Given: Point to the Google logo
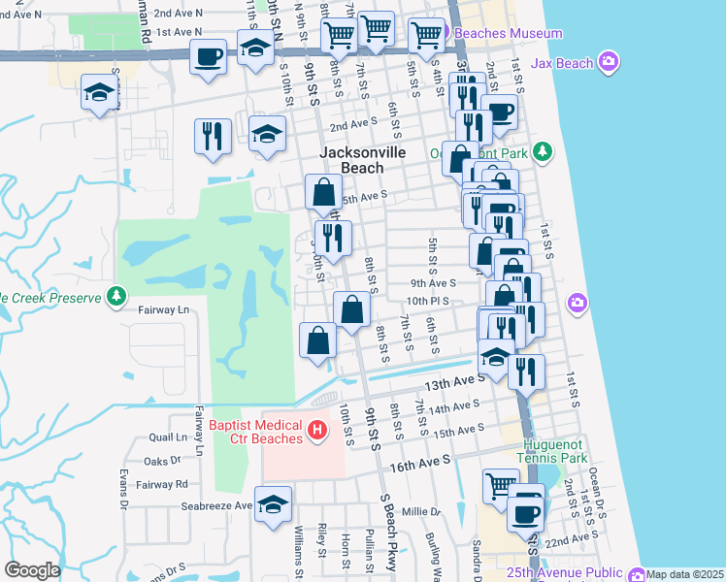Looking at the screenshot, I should tap(32, 570).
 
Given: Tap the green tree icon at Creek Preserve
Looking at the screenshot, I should tap(116, 295).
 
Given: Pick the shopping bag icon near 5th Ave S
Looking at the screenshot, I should tap(321, 193).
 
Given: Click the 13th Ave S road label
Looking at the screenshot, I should tap(454, 384).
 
